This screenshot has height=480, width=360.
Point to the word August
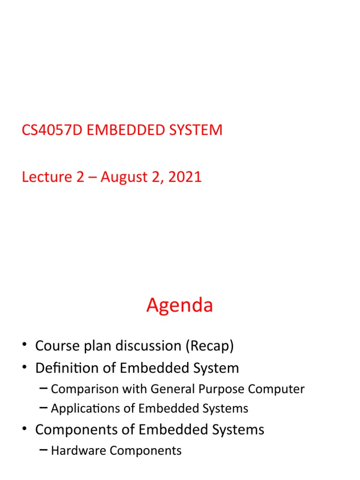pyautogui.click(x=125, y=177)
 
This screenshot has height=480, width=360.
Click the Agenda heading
pyautogui.click(x=180, y=305)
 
